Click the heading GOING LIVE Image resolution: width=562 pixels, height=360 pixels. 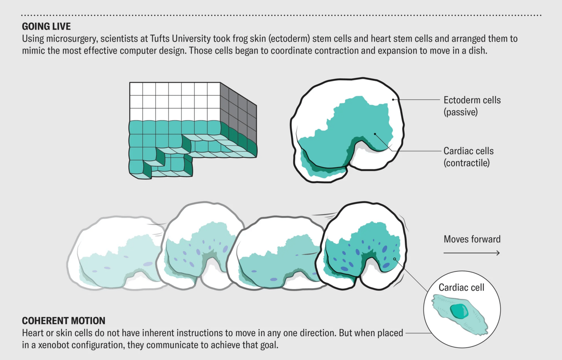pos(46,26)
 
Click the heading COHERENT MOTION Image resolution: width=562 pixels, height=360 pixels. pos(64,321)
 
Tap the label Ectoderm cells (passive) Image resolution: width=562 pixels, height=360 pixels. pos(472,106)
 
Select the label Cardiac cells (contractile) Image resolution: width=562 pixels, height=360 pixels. pos(468,157)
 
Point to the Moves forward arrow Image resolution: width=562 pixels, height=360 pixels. pos(472,253)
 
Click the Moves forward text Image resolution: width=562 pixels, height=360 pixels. pos(472,239)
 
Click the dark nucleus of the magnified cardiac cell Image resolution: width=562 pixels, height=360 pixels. pos(459,311)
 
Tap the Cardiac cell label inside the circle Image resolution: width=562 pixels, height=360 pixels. pos(461,287)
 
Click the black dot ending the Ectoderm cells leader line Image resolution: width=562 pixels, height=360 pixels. pos(393,100)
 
